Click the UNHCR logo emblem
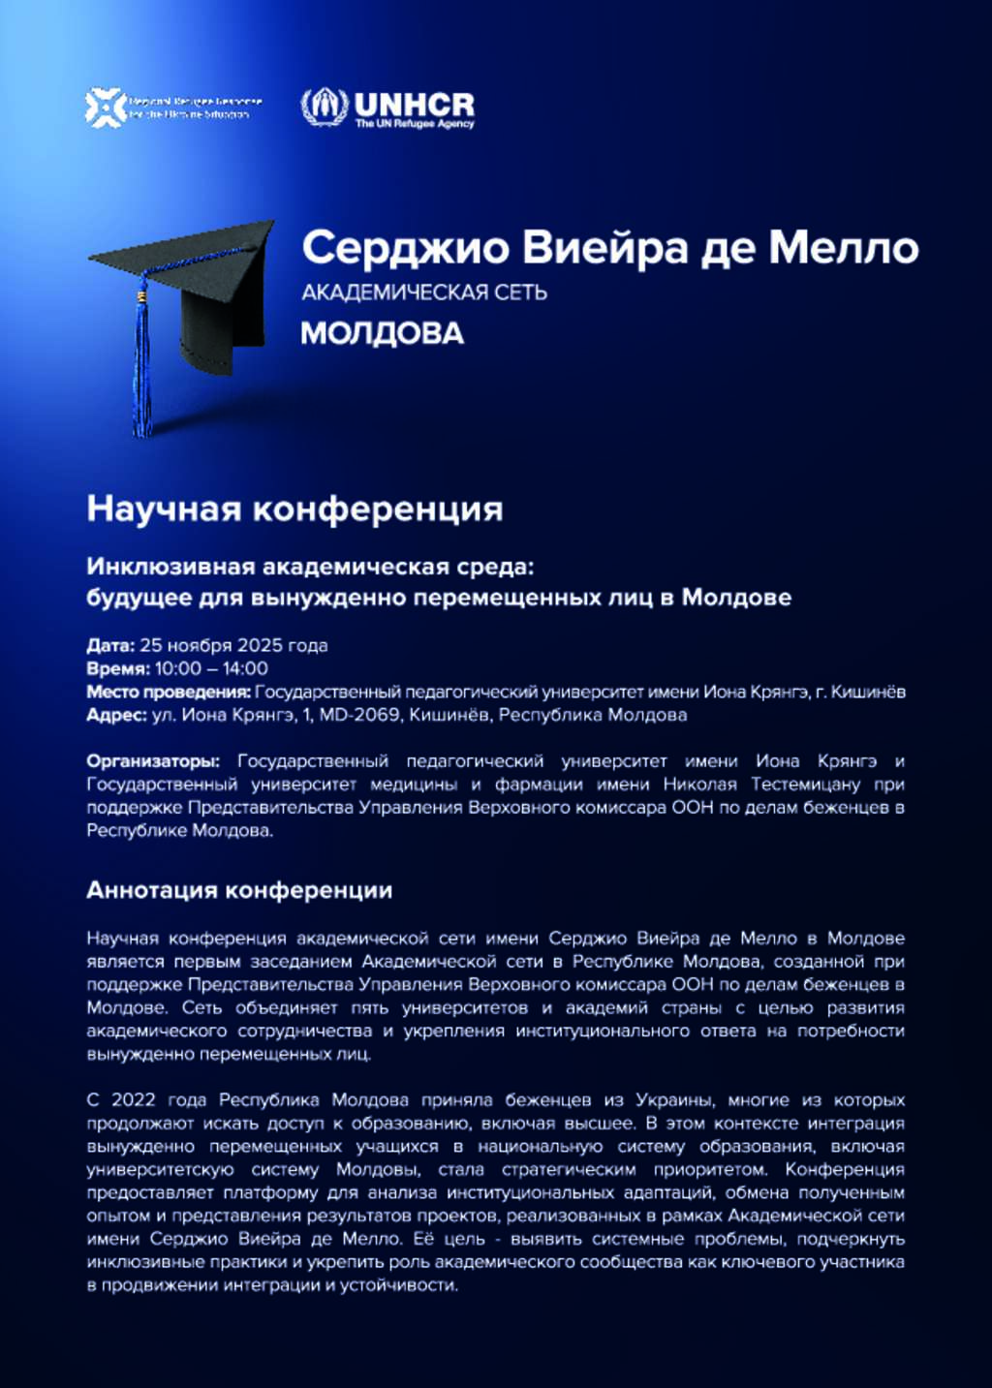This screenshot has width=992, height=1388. pyautogui.click(x=324, y=107)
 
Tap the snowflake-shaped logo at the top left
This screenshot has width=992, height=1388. pyautogui.click(x=106, y=107)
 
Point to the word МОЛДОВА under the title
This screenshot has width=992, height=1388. pyautogui.click(x=382, y=333)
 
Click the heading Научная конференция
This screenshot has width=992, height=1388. pyautogui.click(x=294, y=509)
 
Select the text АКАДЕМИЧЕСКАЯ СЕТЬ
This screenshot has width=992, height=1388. pyautogui.click(x=424, y=293)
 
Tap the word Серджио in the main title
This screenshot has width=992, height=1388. pyautogui.click(x=405, y=248)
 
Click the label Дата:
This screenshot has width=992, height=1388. pyautogui.click(x=110, y=645)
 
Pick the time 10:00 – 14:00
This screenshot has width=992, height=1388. pyautogui.click(x=211, y=668)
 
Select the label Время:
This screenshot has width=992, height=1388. pyautogui.click(x=118, y=668)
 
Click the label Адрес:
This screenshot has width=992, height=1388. pyautogui.click(x=116, y=715)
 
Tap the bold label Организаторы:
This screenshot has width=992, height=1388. pyautogui.click(x=153, y=761)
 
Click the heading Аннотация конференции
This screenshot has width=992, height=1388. pyautogui.click(x=239, y=890)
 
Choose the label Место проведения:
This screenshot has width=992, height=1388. pyautogui.click(x=169, y=692)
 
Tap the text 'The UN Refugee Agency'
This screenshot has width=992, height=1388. pyautogui.click(x=415, y=124)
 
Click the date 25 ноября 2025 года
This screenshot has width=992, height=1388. pyautogui.click(x=233, y=645)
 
